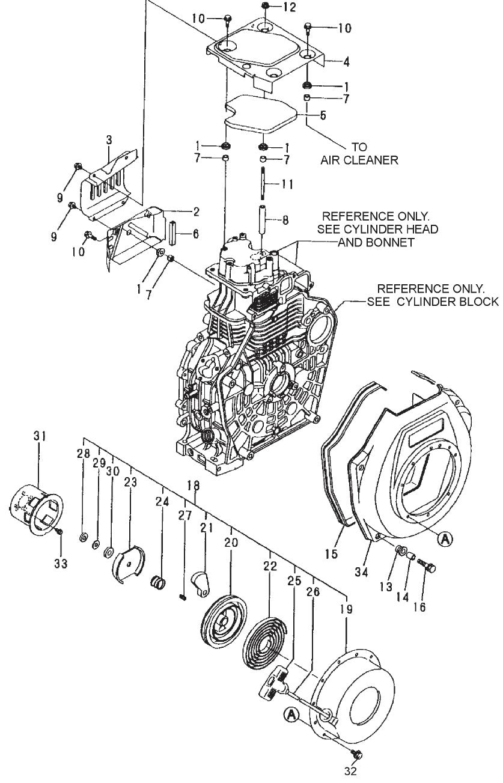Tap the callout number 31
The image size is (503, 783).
coord(40,437)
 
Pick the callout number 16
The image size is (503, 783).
coord(419,607)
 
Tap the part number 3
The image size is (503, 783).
coord(109,139)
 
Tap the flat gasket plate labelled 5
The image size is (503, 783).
coord(262,115)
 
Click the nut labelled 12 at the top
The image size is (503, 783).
coord(266,7)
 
